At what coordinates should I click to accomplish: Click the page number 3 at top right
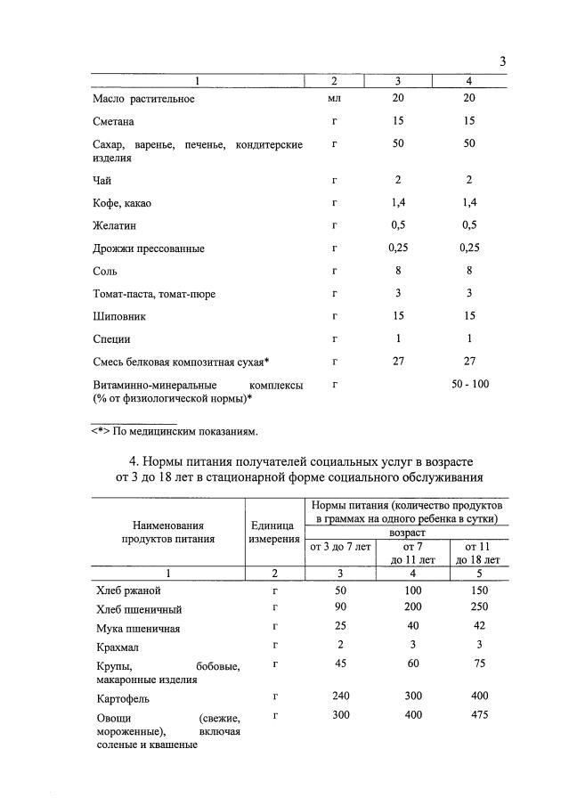[502, 61]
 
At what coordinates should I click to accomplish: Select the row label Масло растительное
[143, 99]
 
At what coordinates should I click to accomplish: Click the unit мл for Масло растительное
[335, 99]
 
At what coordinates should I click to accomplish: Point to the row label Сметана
[114, 120]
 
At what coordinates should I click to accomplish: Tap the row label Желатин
[115, 227]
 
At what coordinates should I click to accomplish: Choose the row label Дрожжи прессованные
[149, 248]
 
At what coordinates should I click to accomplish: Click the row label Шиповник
[120, 315]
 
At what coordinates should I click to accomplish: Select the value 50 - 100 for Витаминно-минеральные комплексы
[468, 383]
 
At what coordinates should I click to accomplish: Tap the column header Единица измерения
[275, 533]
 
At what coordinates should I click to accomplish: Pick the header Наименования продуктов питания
[168, 533]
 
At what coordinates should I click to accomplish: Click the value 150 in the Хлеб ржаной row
[479, 590]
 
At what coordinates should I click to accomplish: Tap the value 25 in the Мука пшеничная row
[339, 628]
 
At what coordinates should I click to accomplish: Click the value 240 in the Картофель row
[339, 696]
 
